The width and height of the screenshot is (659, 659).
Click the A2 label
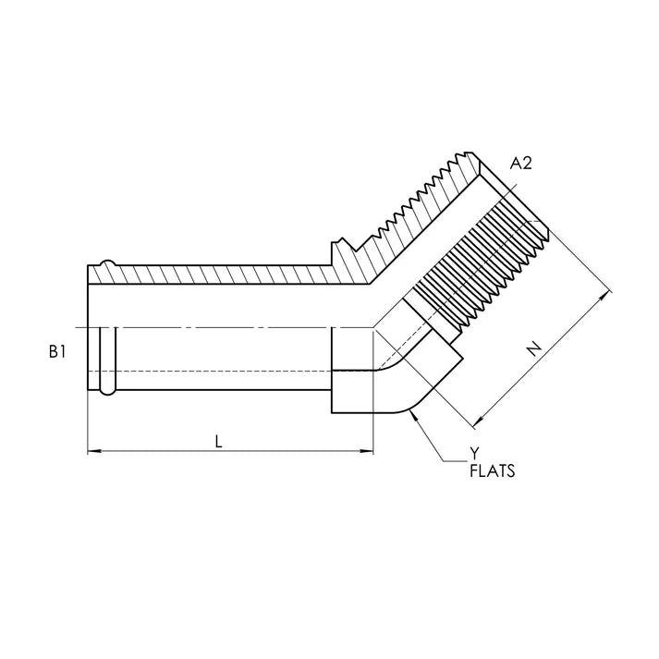click(x=520, y=163)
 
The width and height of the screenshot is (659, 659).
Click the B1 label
click(x=57, y=352)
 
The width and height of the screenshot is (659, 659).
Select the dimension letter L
click(x=218, y=441)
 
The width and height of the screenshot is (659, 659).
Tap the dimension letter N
click(x=534, y=348)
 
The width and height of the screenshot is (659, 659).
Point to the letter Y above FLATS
click(x=474, y=454)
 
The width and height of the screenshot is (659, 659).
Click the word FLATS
click(x=492, y=471)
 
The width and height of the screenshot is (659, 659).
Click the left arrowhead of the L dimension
click(x=94, y=451)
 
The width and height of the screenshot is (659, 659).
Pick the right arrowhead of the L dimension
click(x=367, y=451)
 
